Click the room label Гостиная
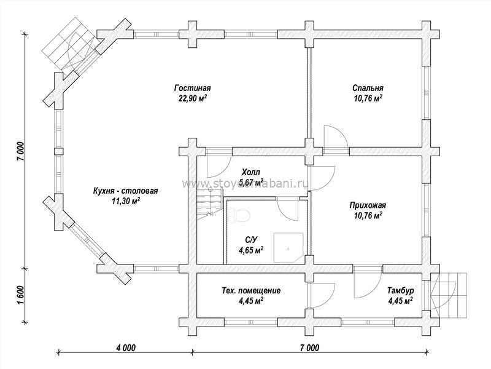192,87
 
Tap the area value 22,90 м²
192,98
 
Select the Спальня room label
368,87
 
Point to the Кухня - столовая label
125,190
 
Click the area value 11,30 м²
125,201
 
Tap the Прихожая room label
368,205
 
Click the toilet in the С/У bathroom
241,215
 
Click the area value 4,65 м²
251,250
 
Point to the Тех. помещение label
250,290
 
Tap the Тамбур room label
401,290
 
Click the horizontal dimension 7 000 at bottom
309,347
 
